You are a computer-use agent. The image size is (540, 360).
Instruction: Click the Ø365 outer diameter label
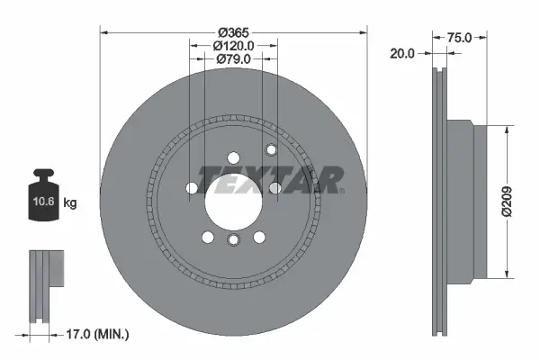tap(234, 20)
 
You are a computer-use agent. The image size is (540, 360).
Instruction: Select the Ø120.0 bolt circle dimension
tap(233, 45)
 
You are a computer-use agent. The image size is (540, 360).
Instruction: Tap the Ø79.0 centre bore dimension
tap(233, 59)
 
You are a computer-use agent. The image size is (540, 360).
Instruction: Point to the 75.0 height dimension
tap(460, 39)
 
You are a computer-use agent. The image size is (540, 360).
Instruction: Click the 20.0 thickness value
tap(403, 53)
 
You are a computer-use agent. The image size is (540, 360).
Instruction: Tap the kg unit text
tap(69, 203)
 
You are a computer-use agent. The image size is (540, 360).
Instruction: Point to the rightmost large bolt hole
tap(275, 187)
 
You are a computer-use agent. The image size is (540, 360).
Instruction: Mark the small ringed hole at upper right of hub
tap(270, 149)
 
